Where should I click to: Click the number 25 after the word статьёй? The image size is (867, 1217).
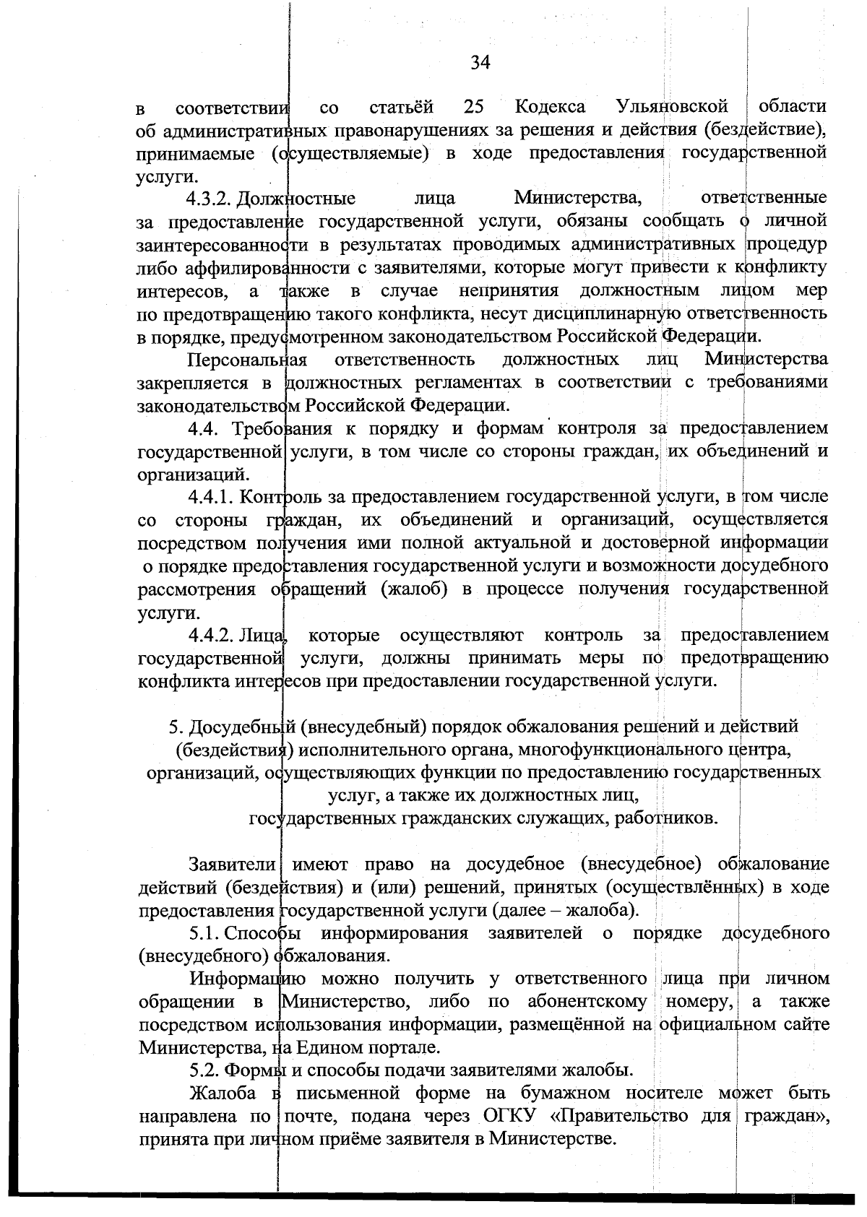point(473,108)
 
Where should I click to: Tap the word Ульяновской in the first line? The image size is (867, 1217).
point(673,108)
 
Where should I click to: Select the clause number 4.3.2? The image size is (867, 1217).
point(210,199)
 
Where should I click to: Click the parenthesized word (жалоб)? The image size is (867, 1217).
point(414,589)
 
